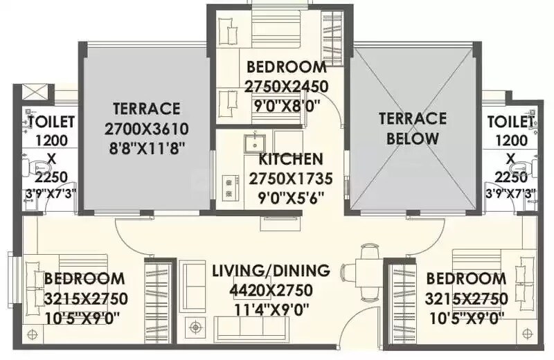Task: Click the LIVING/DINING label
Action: pyautogui.click(x=271, y=270)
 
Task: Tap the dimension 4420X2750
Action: pyautogui.click(x=271, y=289)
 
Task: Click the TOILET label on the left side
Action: pyautogui.click(x=51, y=122)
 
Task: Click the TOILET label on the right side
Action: pyautogui.click(x=510, y=122)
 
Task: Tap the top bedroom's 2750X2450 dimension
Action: pyautogui.click(x=287, y=86)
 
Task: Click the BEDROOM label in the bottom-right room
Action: pyautogui.click(x=466, y=279)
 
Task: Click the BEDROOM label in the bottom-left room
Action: pyautogui.click(x=84, y=279)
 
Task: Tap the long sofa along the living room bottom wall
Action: pyautogui.click(x=243, y=325)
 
